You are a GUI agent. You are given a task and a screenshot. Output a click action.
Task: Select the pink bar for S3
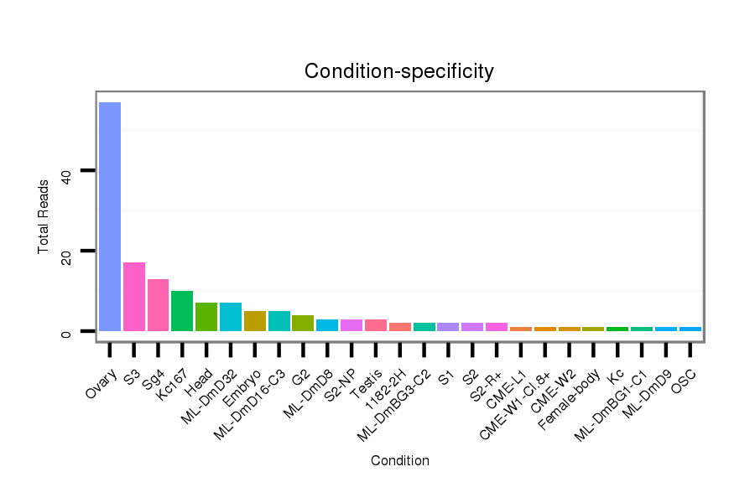pyautogui.click(x=134, y=297)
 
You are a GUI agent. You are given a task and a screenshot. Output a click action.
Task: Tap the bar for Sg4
pyautogui.click(x=159, y=305)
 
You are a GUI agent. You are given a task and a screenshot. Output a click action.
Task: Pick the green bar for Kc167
pyautogui.click(x=182, y=311)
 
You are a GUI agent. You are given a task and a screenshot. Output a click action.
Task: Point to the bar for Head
pyautogui.click(x=206, y=317)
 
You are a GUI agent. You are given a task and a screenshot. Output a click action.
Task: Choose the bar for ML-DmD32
pyautogui.click(x=231, y=317)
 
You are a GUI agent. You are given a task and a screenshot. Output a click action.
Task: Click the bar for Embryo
pyautogui.click(x=255, y=321)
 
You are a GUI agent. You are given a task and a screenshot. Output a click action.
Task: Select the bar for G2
pyautogui.click(x=303, y=323)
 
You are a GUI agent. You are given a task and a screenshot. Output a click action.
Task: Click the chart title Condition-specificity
pyautogui.click(x=399, y=71)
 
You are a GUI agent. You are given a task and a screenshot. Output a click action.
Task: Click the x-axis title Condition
pyautogui.click(x=400, y=461)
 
